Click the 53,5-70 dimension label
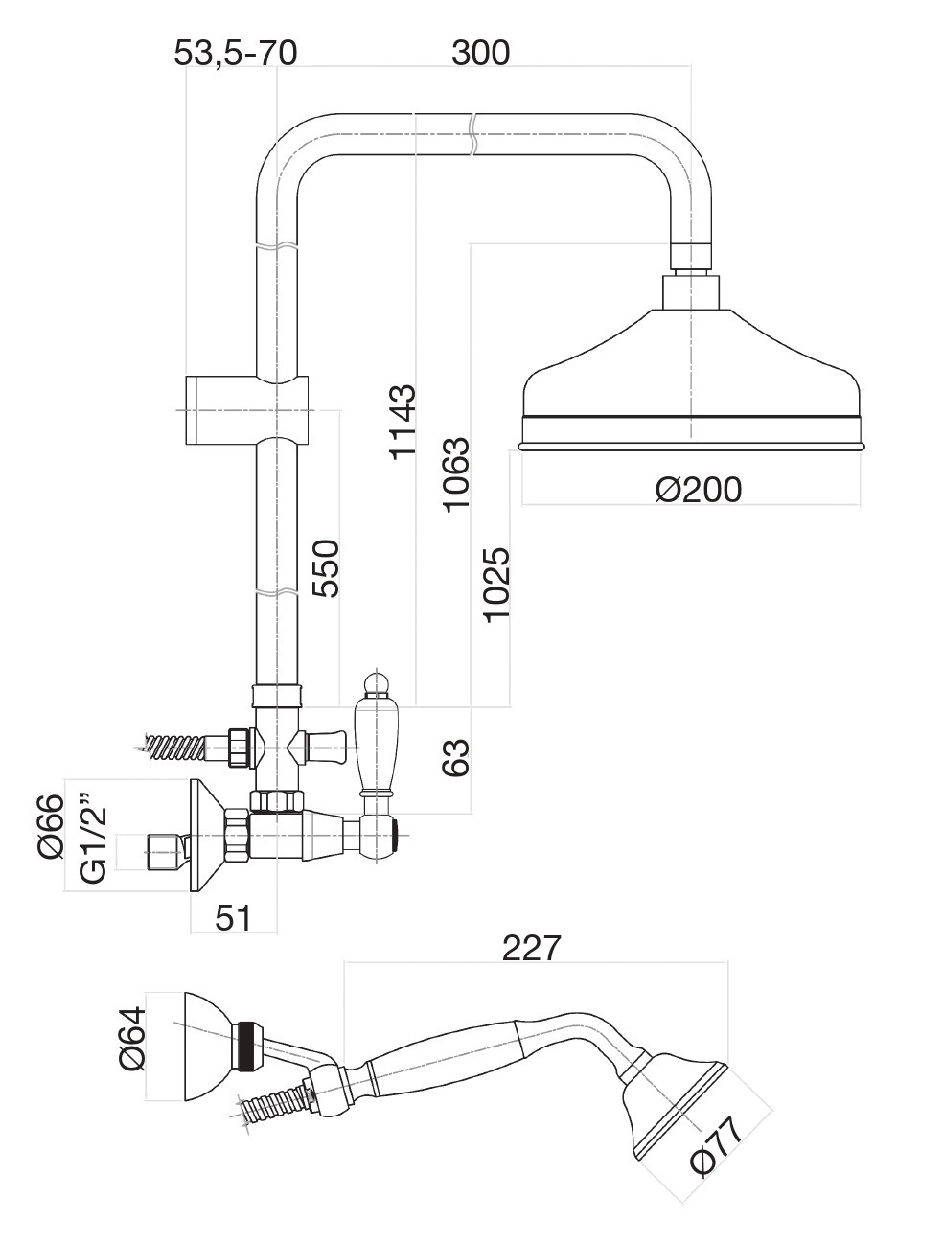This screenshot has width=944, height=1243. [235, 52]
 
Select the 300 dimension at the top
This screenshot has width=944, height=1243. [480, 52]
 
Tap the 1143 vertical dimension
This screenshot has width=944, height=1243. [402, 421]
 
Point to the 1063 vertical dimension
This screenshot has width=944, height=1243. [456, 473]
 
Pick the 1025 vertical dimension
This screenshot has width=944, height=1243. [496, 584]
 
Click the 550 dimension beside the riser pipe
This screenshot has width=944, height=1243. [326, 568]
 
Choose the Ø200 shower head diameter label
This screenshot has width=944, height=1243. [699, 489]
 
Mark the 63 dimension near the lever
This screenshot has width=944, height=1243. [456, 758]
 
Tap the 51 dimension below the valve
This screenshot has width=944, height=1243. [233, 917]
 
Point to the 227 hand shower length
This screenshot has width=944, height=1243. [531, 948]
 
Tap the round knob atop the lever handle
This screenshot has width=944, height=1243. [376, 684]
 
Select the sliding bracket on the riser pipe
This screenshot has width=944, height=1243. [247, 410]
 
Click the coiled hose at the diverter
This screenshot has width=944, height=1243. [175, 745]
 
